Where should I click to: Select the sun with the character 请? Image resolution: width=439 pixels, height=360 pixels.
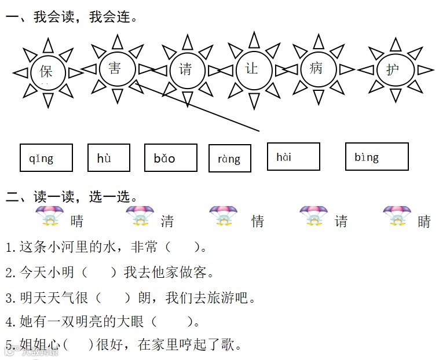185,70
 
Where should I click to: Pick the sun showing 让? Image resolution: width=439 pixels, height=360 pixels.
251,69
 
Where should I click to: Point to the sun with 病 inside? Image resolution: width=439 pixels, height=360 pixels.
316,69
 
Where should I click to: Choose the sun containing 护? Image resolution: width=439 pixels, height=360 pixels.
393,70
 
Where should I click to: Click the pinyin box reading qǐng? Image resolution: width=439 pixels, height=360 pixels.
46,158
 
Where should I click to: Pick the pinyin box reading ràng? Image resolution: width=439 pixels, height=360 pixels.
229,159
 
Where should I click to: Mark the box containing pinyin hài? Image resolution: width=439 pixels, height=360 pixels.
293,157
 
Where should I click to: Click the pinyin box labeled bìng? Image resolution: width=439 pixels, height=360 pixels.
376,157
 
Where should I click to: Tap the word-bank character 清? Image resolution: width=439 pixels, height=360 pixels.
167,221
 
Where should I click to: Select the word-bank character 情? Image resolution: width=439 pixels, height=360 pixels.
258,221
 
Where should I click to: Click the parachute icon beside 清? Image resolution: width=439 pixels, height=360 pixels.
139,216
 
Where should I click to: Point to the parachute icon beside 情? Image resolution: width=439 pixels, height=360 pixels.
223,216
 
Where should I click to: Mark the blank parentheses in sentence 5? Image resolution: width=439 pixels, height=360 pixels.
78,345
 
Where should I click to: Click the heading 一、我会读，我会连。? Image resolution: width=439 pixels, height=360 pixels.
72,17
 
